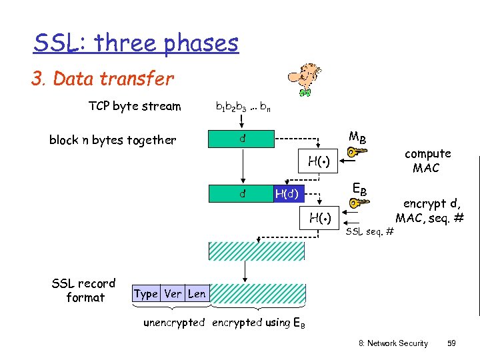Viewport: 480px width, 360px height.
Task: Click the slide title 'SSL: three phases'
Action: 136,43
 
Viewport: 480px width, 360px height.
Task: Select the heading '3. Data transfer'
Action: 103,79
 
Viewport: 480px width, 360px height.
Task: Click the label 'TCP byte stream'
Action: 135,106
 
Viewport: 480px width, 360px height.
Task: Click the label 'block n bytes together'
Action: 113,140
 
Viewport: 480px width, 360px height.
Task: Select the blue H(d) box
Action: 289,194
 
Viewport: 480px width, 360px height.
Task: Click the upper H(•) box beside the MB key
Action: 319,160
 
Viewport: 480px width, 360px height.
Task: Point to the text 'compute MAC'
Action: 427,161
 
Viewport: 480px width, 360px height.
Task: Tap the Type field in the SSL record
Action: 145,293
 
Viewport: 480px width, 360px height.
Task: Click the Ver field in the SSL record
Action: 173,293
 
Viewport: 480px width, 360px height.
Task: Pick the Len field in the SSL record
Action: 197,293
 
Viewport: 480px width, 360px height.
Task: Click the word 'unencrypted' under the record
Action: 174,323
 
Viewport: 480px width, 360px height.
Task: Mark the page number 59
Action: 451,343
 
